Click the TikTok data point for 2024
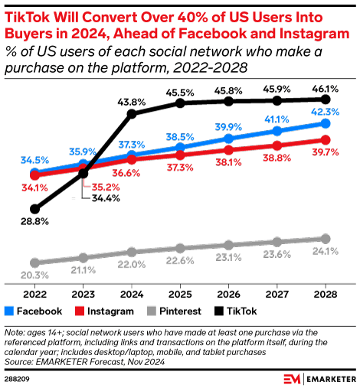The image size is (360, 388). pyautogui.click(x=132, y=114)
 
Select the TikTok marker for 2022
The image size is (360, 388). pyautogui.click(x=34, y=208)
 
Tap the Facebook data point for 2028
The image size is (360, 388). pyautogui.click(x=326, y=123)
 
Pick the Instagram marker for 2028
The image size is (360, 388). pyautogui.click(x=326, y=139)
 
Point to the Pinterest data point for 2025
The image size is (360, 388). pyautogui.click(x=180, y=247)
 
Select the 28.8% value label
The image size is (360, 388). pyautogui.click(x=34, y=221)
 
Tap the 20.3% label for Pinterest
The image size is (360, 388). pyautogui.click(x=34, y=276)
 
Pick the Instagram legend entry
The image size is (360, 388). pyautogui.click(x=103, y=311)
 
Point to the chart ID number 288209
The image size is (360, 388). pyautogui.click(x=18, y=377)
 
